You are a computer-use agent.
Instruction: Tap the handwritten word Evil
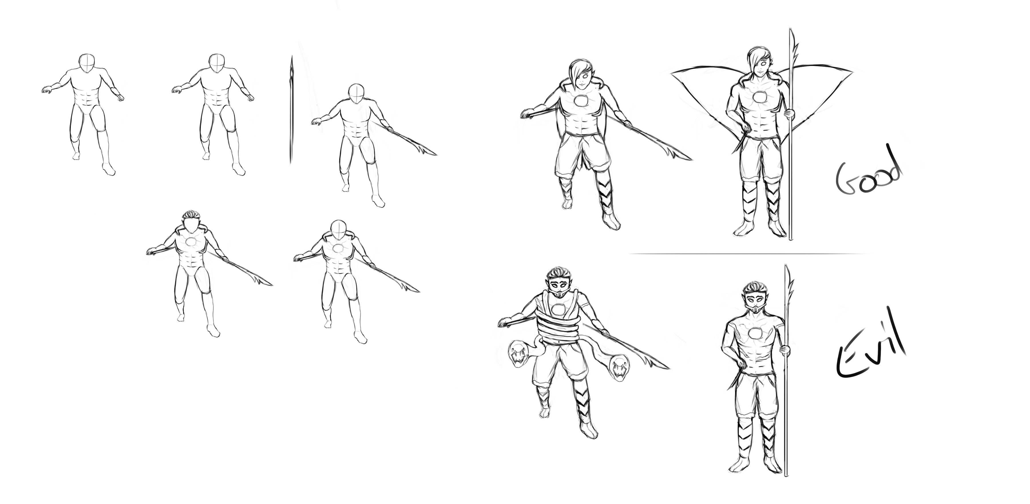(872, 348)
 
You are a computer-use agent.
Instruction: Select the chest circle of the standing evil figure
(756, 334)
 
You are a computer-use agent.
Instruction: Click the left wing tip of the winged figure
(673, 72)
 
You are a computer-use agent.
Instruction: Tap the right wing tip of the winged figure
(852, 72)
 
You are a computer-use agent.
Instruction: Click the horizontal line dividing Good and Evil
(748, 253)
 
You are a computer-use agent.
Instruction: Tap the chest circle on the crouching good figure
(581, 102)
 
